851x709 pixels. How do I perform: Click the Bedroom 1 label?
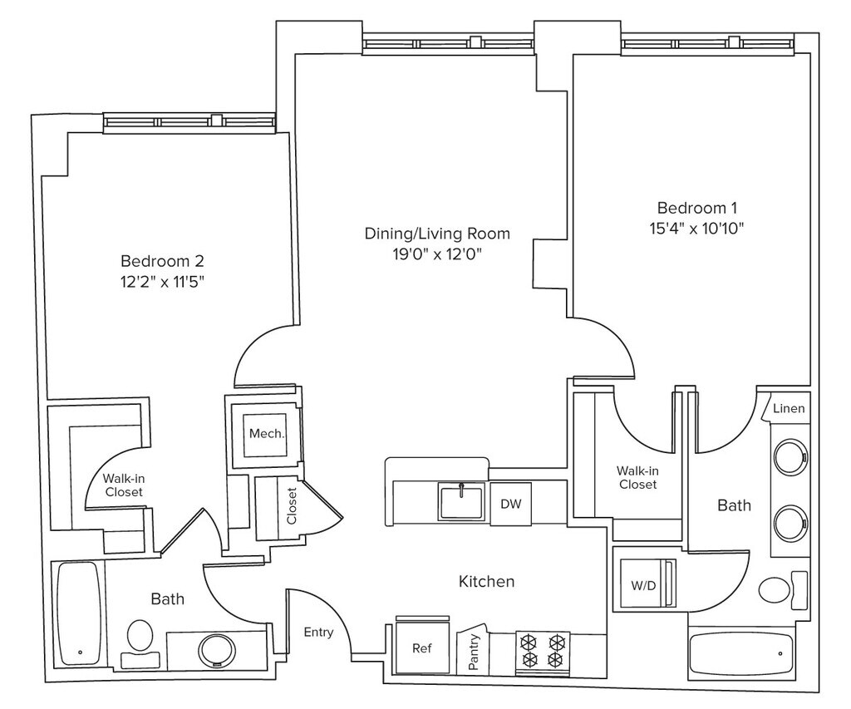coord(697,208)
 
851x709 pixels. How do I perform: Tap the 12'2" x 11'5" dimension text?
coord(162,282)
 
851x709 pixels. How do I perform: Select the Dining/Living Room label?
coord(437,234)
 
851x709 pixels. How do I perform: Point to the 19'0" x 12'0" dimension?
coord(437,254)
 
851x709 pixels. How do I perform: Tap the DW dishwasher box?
coord(511,504)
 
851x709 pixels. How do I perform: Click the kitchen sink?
coord(461,502)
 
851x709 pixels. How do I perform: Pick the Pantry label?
coord(473,652)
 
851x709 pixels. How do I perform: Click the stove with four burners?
coord(542,653)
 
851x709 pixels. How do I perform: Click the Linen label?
coord(789,408)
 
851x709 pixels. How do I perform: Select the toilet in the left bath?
coord(140,644)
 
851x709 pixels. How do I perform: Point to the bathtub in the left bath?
coord(79,613)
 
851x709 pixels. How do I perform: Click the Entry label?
coord(318,633)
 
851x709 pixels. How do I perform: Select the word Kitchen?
coord(486,582)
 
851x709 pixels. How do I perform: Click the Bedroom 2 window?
coord(189,122)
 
